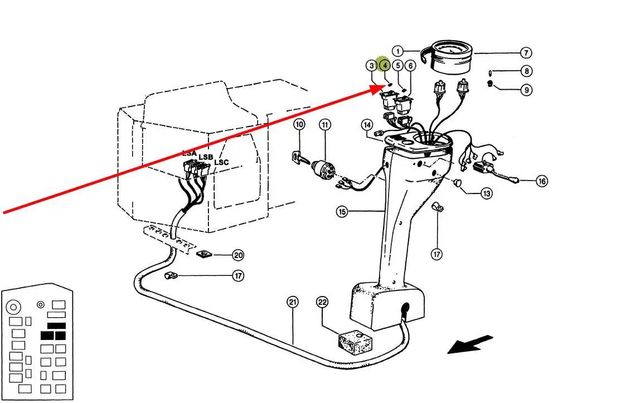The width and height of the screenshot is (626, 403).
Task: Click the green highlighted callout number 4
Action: coord(385,65)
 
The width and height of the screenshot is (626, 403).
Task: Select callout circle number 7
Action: coord(526,53)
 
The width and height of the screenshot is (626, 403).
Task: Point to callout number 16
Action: coord(541,181)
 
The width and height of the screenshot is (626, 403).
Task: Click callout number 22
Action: coord(322,302)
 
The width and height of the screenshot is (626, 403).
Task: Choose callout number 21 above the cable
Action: coord(293,302)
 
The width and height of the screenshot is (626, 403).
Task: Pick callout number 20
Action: coord(238,255)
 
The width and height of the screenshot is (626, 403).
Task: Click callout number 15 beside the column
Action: coord(342,211)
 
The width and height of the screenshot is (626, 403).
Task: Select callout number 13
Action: coord(487,193)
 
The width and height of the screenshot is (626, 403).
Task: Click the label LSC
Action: coord(221,162)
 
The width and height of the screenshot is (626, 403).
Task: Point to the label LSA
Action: coord(190,153)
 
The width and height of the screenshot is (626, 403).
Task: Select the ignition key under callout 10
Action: coord(299,158)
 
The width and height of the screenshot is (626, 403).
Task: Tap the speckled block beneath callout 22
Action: coord(355,341)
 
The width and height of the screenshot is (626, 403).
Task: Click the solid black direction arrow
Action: coord(470,344)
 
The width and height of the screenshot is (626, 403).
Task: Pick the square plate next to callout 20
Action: coord(203,255)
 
